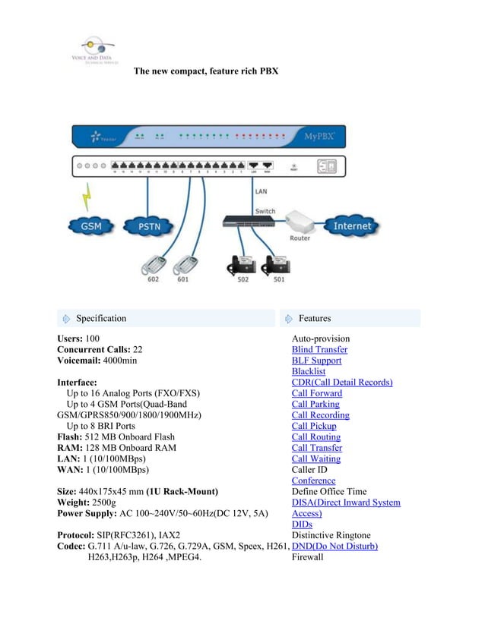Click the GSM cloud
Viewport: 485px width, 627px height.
87,225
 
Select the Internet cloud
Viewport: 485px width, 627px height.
352,225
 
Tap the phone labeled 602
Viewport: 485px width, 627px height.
154,266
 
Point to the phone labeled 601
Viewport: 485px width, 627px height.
185,266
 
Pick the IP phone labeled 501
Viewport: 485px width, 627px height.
277,265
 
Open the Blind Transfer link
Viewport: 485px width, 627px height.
319,350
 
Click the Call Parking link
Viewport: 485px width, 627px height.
316,405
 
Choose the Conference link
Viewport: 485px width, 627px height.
313,480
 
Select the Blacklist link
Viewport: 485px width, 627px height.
309,372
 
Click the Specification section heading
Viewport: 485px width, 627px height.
101,319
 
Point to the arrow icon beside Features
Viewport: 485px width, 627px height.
289,319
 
